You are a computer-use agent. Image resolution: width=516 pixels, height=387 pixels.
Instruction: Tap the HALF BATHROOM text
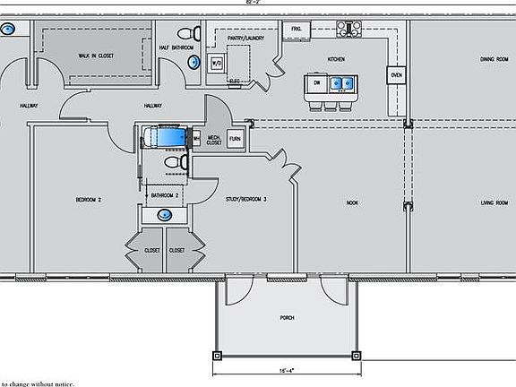coord(177,47)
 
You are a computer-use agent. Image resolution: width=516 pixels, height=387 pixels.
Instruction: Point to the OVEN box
coord(395,76)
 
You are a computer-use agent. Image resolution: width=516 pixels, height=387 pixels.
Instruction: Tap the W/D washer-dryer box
coord(216,64)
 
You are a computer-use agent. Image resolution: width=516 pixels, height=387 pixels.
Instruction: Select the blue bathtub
coord(166,137)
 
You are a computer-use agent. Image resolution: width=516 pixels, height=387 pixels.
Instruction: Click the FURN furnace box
coord(235,140)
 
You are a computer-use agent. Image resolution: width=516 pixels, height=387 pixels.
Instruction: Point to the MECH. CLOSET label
coord(214,140)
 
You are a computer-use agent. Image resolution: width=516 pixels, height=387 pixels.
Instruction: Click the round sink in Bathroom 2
coord(164,215)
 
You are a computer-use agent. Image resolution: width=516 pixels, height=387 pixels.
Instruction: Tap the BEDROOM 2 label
coord(87,200)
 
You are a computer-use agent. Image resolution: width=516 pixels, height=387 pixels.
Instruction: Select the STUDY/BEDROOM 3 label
coord(247,200)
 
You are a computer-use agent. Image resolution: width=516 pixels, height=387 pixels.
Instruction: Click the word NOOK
coord(352,203)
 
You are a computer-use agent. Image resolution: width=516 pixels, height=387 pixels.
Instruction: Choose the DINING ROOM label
coord(494,59)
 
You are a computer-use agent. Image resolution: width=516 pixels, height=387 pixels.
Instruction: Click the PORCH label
coord(287,318)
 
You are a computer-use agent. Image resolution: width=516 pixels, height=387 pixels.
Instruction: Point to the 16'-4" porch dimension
coord(286,368)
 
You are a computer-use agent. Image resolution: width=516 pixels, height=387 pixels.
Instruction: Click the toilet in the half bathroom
coord(193,62)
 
